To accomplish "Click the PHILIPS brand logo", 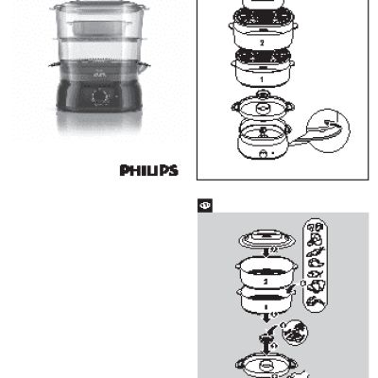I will [149, 171].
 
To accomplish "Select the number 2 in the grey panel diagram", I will [267, 281].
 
